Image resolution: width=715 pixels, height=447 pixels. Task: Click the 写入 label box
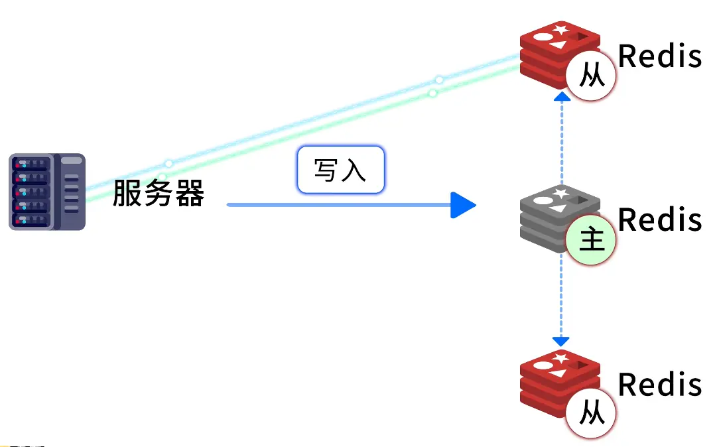tap(341, 170)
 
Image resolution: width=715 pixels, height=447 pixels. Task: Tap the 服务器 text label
tap(159, 193)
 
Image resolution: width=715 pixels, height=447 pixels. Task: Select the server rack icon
tap(47, 192)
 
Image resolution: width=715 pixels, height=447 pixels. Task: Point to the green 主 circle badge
tap(591, 240)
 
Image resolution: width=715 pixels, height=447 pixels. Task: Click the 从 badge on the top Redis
tap(591, 75)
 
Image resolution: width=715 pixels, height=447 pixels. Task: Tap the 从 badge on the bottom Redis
tap(591, 413)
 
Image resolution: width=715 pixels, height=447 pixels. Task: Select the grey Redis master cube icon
tap(560, 218)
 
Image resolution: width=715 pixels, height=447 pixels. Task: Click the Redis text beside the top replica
tap(660, 56)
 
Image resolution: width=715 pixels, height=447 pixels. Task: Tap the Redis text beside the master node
tap(660, 220)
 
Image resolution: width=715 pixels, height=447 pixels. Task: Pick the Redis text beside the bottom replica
tap(660, 385)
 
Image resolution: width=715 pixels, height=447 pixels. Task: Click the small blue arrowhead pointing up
tap(562, 96)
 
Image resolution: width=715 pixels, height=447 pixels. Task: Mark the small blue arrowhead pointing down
tap(560, 342)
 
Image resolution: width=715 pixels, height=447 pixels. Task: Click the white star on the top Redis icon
tap(560, 30)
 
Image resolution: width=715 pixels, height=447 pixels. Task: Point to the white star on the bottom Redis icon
tap(560, 359)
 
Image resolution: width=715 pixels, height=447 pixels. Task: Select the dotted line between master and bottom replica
tap(561, 295)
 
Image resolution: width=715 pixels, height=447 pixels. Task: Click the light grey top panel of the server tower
tap(71, 160)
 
